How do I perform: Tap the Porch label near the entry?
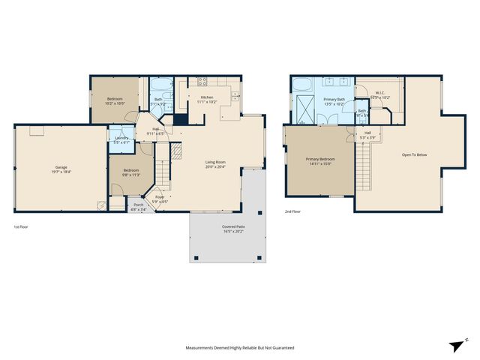[138, 206]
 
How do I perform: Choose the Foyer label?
[160, 198]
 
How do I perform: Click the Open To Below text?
[414, 155]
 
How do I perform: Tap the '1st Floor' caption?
[23, 226]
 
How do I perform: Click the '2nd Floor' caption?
[294, 212]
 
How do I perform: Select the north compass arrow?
[455, 344]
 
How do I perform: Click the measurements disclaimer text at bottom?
[240, 348]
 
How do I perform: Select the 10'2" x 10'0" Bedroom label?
[115, 101]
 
